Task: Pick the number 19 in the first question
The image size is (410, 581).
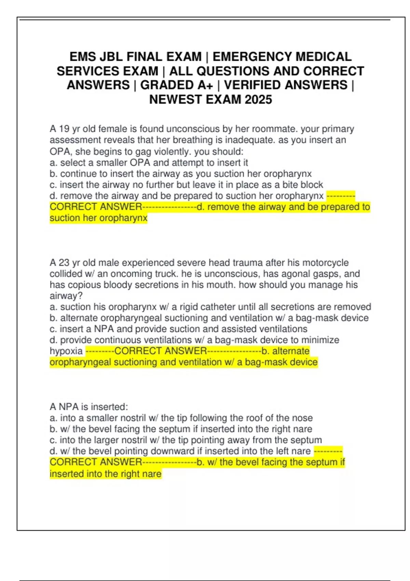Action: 64,129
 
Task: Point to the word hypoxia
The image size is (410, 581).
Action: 66,351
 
